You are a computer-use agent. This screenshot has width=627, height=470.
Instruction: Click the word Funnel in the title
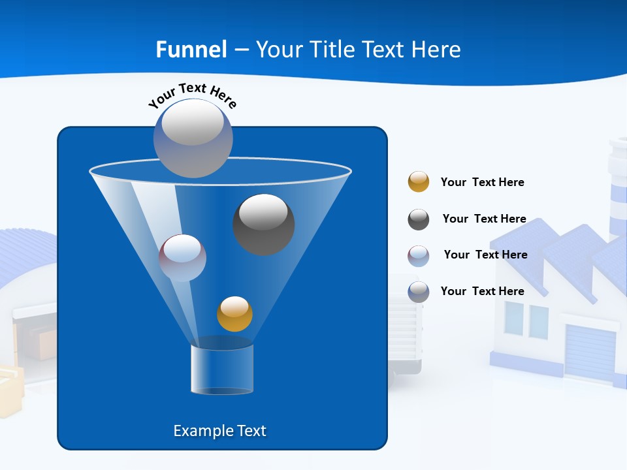[191, 50]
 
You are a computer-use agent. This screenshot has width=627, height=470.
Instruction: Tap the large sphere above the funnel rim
[193, 138]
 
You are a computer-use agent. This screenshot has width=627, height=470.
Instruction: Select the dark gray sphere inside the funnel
[263, 224]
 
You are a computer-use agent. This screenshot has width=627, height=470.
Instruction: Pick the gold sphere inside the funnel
[234, 314]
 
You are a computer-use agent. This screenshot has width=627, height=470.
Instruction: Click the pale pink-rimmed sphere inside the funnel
[182, 258]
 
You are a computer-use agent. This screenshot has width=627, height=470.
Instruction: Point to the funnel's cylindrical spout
[222, 369]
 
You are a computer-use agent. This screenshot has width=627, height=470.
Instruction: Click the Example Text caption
[219, 431]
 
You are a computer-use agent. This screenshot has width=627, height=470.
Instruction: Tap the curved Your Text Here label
[192, 95]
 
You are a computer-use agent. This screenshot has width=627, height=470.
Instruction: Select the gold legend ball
[419, 182]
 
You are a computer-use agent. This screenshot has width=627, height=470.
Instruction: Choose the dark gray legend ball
[419, 219]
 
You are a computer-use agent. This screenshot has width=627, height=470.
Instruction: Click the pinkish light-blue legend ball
[419, 256]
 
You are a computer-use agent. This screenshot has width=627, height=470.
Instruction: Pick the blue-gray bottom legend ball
[419, 292]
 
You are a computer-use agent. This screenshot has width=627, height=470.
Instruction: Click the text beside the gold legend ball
[482, 182]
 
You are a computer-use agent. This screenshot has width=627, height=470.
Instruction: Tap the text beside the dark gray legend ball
[484, 219]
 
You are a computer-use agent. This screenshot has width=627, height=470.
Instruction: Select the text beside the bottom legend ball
[482, 291]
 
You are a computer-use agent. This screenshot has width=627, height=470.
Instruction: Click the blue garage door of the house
[590, 352]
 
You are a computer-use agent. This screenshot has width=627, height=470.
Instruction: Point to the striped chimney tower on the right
[617, 189]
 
